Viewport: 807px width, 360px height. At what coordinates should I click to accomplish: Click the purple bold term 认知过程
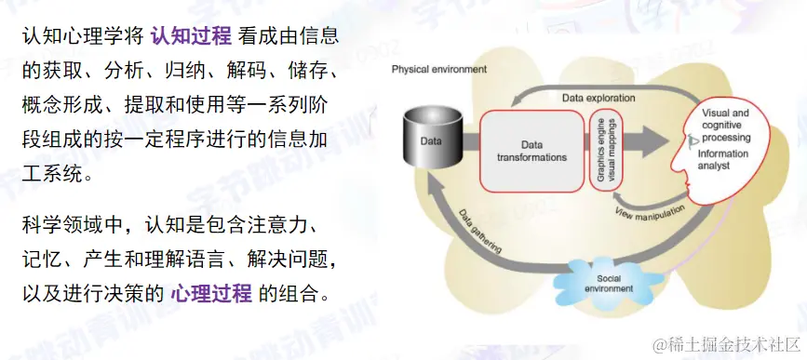(x=191, y=37)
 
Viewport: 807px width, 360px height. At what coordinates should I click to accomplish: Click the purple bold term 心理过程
(x=211, y=295)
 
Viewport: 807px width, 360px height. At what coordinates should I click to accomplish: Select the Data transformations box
(x=531, y=151)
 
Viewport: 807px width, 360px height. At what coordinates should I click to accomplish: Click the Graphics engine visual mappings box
(x=605, y=151)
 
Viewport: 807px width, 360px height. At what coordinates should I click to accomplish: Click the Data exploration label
(x=599, y=97)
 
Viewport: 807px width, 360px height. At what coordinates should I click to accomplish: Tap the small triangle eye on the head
(x=693, y=140)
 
